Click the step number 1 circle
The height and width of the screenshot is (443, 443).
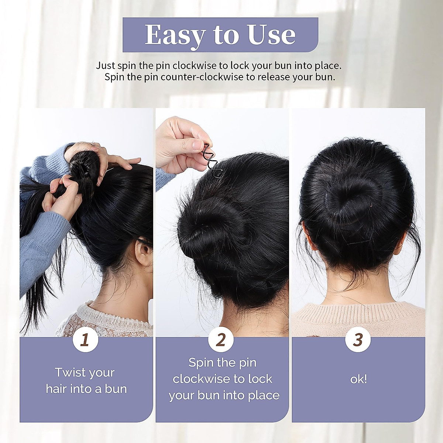[x=85, y=340]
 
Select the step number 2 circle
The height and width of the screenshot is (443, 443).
[x=221, y=340]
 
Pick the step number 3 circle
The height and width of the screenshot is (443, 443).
[x=357, y=340]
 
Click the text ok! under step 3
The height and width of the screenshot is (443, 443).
[x=358, y=379]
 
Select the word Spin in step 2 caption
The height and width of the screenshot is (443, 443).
[x=202, y=363]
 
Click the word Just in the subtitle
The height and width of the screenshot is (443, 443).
[x=106, y=66]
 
